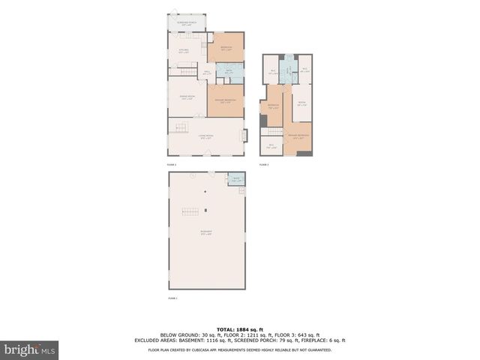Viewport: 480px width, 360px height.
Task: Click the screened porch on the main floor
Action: click(x=187, y=22)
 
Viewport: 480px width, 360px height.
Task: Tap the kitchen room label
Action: click(x=183, y=51)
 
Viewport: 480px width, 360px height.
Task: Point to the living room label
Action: click(x=205, y=136)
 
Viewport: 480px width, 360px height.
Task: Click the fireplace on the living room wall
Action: click(x=242, y=136)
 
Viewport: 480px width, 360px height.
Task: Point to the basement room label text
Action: click(x=205, y=233)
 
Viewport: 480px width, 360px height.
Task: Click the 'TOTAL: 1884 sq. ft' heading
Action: click(x=240, y=329)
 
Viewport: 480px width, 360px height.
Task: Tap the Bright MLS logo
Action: click(x=30, y=349)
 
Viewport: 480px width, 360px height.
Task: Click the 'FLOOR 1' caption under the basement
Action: click(x=173, y=298)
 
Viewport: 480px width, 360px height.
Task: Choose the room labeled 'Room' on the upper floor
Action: click(x=301, y=104)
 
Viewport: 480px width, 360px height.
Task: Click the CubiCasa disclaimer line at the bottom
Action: click(x=240, y=349)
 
